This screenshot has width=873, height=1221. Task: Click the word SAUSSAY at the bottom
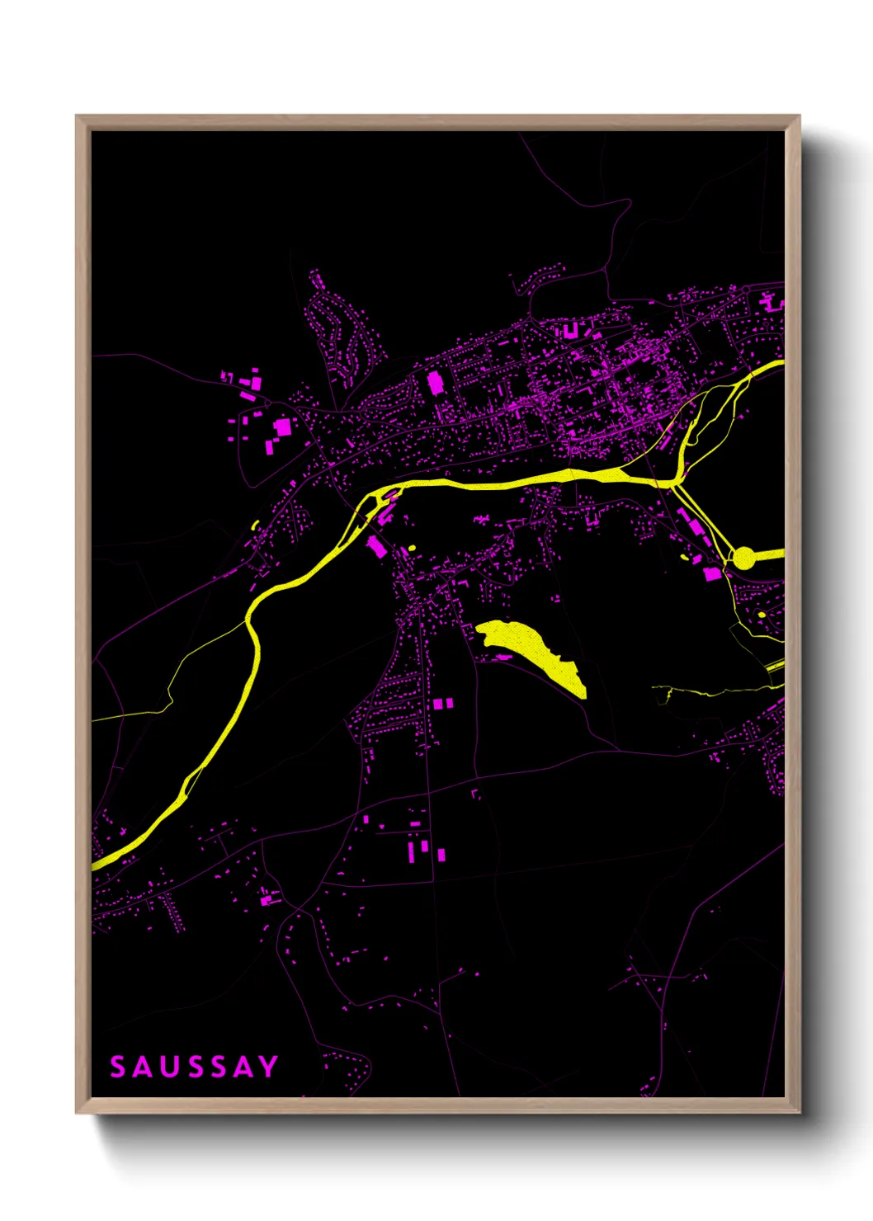pyautogui.click(x=195, y=1067)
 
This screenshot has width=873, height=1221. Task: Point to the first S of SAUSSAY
pyautogui.click(x=119, y=1067)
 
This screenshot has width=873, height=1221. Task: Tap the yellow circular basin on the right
pyautogui.click(x=743, y=558)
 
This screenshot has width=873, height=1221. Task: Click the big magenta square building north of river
pyautogui.click(x=435, y=383)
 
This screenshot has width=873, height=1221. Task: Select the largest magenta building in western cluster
pyautogui.click(x=283, y=427)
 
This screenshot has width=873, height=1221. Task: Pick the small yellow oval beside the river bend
pyautogui.click(x=411, y=548)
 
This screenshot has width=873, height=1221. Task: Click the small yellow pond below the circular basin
pyautogui.click(x=761, y=615)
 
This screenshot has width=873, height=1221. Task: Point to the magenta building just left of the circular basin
pyautogui.click(x=711, y=573)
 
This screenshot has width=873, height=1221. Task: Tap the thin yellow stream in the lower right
pyautogui.click(x=710, y=690)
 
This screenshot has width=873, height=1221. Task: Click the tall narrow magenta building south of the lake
pyautogui.click(x=413, y=850)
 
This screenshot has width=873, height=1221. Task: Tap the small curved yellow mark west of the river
pyautogui.click(x=254, y=525)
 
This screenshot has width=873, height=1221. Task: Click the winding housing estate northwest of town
pyautogui.click(x=338, y=330)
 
